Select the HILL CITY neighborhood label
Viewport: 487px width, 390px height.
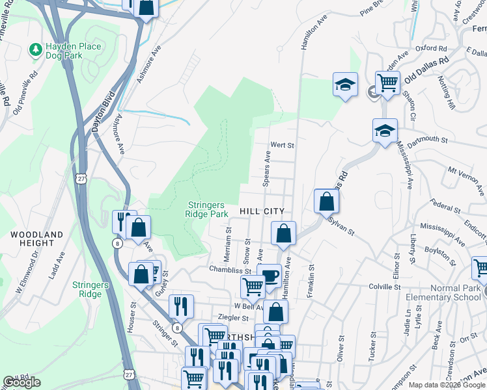262,211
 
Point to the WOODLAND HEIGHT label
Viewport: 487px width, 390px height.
37,239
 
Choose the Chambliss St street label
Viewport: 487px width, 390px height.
230,268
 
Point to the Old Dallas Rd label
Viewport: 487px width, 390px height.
426,69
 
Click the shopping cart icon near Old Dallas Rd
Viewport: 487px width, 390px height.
387,83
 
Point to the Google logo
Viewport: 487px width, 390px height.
21,382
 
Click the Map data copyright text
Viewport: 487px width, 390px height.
447,385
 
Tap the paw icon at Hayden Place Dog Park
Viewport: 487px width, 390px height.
35,49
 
